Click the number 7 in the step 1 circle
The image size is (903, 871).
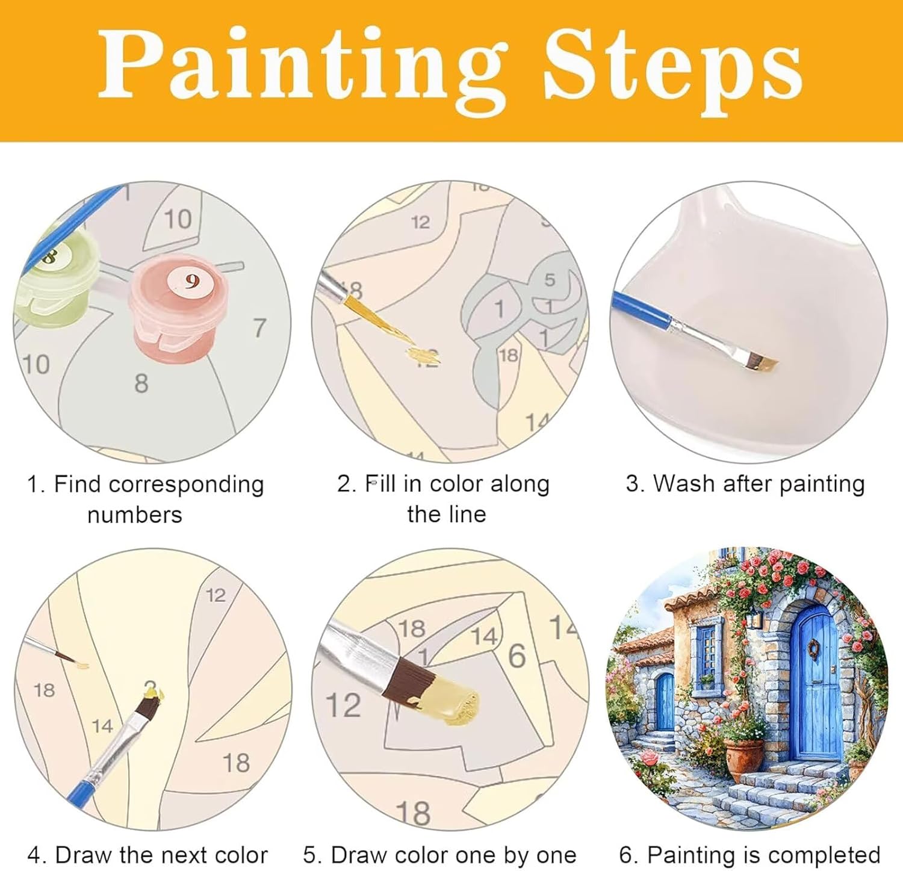pos(259,328)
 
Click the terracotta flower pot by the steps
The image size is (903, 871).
pos(744,760)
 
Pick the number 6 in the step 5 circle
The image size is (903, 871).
pos(517,656)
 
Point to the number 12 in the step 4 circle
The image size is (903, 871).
pos(216,595)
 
